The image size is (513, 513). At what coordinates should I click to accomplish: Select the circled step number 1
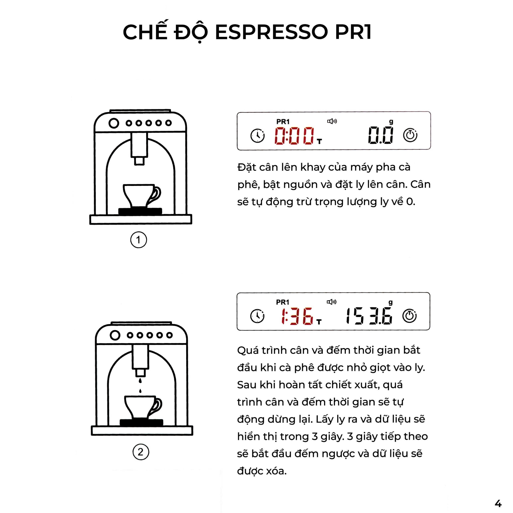click(138, 240)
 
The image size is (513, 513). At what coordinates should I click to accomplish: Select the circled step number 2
click(140, 452)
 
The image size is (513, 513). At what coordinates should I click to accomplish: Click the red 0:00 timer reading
click(294, 136)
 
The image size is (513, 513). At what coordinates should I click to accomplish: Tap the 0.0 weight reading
click(381, 135)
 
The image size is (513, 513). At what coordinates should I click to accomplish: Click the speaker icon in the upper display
click(332, 121)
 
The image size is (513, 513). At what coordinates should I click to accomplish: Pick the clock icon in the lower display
click(257, 316)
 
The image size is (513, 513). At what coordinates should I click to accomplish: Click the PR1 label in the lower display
click(283, 302)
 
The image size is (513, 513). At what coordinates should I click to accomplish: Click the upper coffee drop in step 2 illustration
click(140, 381)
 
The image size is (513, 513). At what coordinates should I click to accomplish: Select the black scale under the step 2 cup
click(141, 422)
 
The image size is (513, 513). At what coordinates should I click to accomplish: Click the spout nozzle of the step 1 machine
click(139, 161)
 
